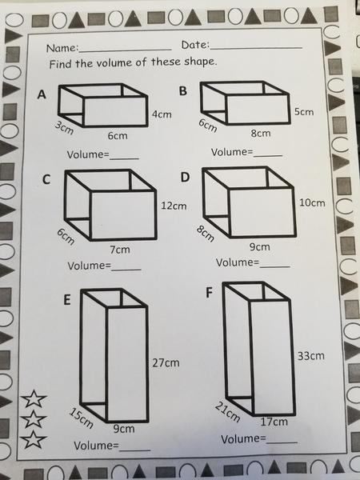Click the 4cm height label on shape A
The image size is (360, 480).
pyautogui.click(x=162, y=114)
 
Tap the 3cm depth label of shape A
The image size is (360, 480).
pyautogui.click(x=64, y=128)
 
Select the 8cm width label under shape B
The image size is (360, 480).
pyautogui.click(x=261, y=133)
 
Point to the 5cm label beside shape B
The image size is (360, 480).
pyautogui.click(x=304, y=112)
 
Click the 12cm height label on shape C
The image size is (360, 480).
pyautogui.click(x=174, y=206)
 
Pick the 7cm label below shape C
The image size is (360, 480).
pyautogui.click(x=120, y=250)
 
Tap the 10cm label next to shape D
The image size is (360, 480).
pyautogui.click(x=312, y=202)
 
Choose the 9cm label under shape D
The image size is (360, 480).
pyautogui.click(x=260, y=246)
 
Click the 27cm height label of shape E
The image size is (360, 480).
pyautogui.click(x=166, y=363)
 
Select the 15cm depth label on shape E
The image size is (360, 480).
pyautogui.click(x=81, y=418)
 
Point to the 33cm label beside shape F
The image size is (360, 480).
pyautogui.click(x=310, y=356)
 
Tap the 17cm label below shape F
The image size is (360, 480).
pyautogui.click(x=274, y=422)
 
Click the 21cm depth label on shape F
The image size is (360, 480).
pyautogui.click(x=227, y=412)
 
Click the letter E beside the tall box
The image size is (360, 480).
pyautogui.click(x=67, y=300)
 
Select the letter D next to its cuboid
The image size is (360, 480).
pyautogui.click(x=185, y=177)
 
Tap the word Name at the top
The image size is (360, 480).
pyautogui.click(x=62, y=48)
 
